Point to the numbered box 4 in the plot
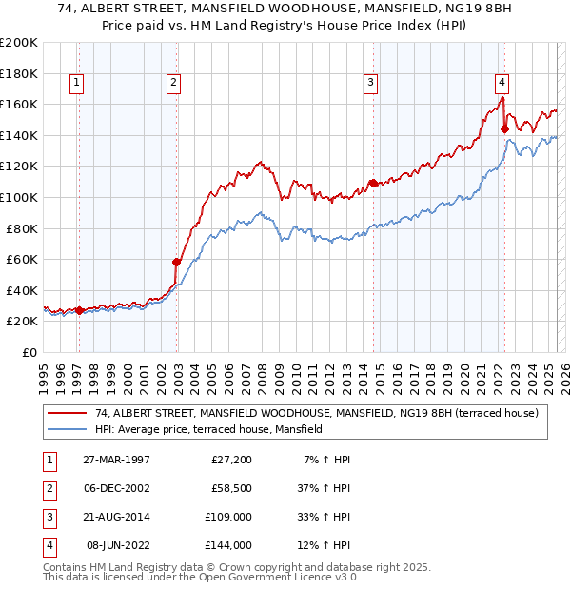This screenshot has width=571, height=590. pyautogui.click(x=502, y=82)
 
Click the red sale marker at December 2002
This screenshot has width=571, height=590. pyautogui.click(x=177, y=262)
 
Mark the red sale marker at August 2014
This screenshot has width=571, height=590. pyautogui.click(x=373, y=183)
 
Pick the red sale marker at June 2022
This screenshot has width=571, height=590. pyautogui.click(x=504, y=128)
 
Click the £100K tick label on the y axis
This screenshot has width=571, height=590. pyautogui.click(x=20, y=197)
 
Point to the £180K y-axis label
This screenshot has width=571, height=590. pyautogui.click(x=20, y=72)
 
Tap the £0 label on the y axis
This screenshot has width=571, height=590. pyautogui.click(x=29, y=352)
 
